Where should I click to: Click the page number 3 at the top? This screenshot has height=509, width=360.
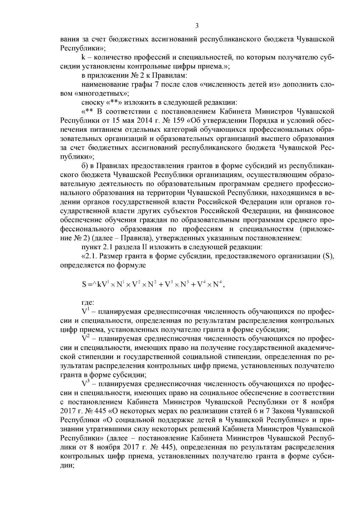197,26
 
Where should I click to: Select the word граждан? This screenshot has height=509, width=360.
155,220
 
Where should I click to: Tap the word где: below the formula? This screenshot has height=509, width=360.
88,303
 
